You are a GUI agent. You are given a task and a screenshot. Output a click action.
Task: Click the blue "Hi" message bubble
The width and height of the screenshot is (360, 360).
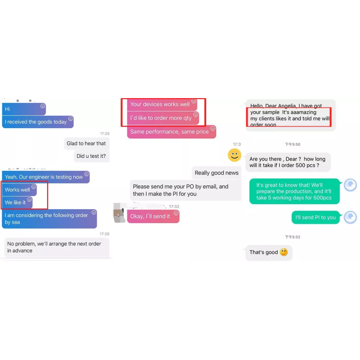point(24,109)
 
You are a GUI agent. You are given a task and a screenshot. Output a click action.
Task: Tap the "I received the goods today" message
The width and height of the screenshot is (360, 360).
point(38,121)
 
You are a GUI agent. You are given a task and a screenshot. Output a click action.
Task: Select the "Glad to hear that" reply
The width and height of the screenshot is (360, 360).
point(86,144)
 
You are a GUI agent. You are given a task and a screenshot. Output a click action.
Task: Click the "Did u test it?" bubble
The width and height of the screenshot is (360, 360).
point(91,156)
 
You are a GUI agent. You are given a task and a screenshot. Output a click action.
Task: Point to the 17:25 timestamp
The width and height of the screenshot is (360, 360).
point(104,133)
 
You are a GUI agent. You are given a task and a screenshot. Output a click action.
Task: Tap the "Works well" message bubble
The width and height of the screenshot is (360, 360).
point(19,189)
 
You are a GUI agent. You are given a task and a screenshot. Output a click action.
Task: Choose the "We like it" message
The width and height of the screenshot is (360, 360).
point(17,202)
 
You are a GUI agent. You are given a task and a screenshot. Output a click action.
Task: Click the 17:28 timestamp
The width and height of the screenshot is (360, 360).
point(104,234)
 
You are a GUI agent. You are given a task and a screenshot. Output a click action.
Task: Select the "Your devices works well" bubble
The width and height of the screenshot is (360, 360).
point(162,104)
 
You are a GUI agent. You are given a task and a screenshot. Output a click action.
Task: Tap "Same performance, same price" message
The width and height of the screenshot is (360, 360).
point(171,132)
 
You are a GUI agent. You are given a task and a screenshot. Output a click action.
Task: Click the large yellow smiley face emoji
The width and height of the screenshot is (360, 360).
point(234,155)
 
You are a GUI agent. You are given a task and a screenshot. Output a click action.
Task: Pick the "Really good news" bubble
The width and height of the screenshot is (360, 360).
point(216,173)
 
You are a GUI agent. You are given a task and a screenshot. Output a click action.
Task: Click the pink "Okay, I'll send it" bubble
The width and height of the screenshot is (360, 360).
point(153,216)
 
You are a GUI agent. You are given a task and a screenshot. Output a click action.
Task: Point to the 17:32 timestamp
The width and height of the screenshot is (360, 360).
point(174,207)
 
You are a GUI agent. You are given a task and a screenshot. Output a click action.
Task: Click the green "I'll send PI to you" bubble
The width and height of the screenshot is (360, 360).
point(316,217)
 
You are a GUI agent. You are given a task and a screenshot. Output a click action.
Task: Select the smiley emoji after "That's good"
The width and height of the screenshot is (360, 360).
point(284,252)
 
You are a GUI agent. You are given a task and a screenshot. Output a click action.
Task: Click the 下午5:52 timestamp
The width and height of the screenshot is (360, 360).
point(292,237)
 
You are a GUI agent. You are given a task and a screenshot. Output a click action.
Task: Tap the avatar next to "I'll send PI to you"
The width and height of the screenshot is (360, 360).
point(350,217)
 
